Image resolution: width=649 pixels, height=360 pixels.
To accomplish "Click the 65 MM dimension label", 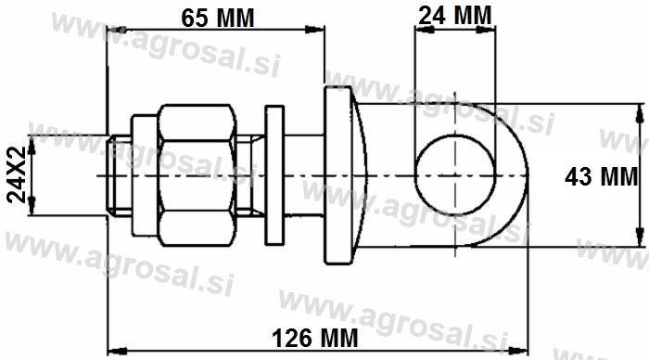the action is pyautogui.click(x=218, y=18).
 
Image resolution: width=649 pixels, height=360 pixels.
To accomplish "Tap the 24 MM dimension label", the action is pyautogui.click(x=455, y=16).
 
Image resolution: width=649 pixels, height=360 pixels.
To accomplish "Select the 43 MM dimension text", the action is pyautogui.click(x=602, y=177).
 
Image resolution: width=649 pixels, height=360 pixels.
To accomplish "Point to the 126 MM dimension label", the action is pyautogui.click(x=315, y=338).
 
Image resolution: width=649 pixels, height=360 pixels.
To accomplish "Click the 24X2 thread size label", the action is pyautogui.click(x=17, y=174).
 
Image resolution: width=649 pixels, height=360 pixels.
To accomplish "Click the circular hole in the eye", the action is pyautogui.click(x=455, y=174).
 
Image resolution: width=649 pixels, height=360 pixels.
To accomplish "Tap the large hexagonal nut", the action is pyautogui.click(x=197, y=175).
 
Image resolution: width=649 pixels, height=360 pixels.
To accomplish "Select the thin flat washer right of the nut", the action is pyautogui.click(x=274, y=174).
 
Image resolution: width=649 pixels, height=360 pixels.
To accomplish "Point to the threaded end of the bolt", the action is pyautogui.click(x=120, y=175).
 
